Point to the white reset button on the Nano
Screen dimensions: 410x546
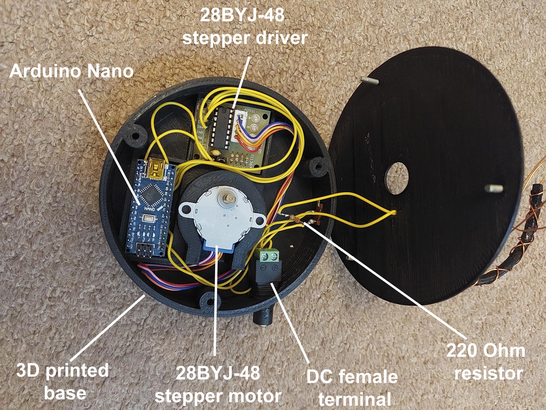[149, 219]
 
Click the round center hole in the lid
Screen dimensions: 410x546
[396, 181]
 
